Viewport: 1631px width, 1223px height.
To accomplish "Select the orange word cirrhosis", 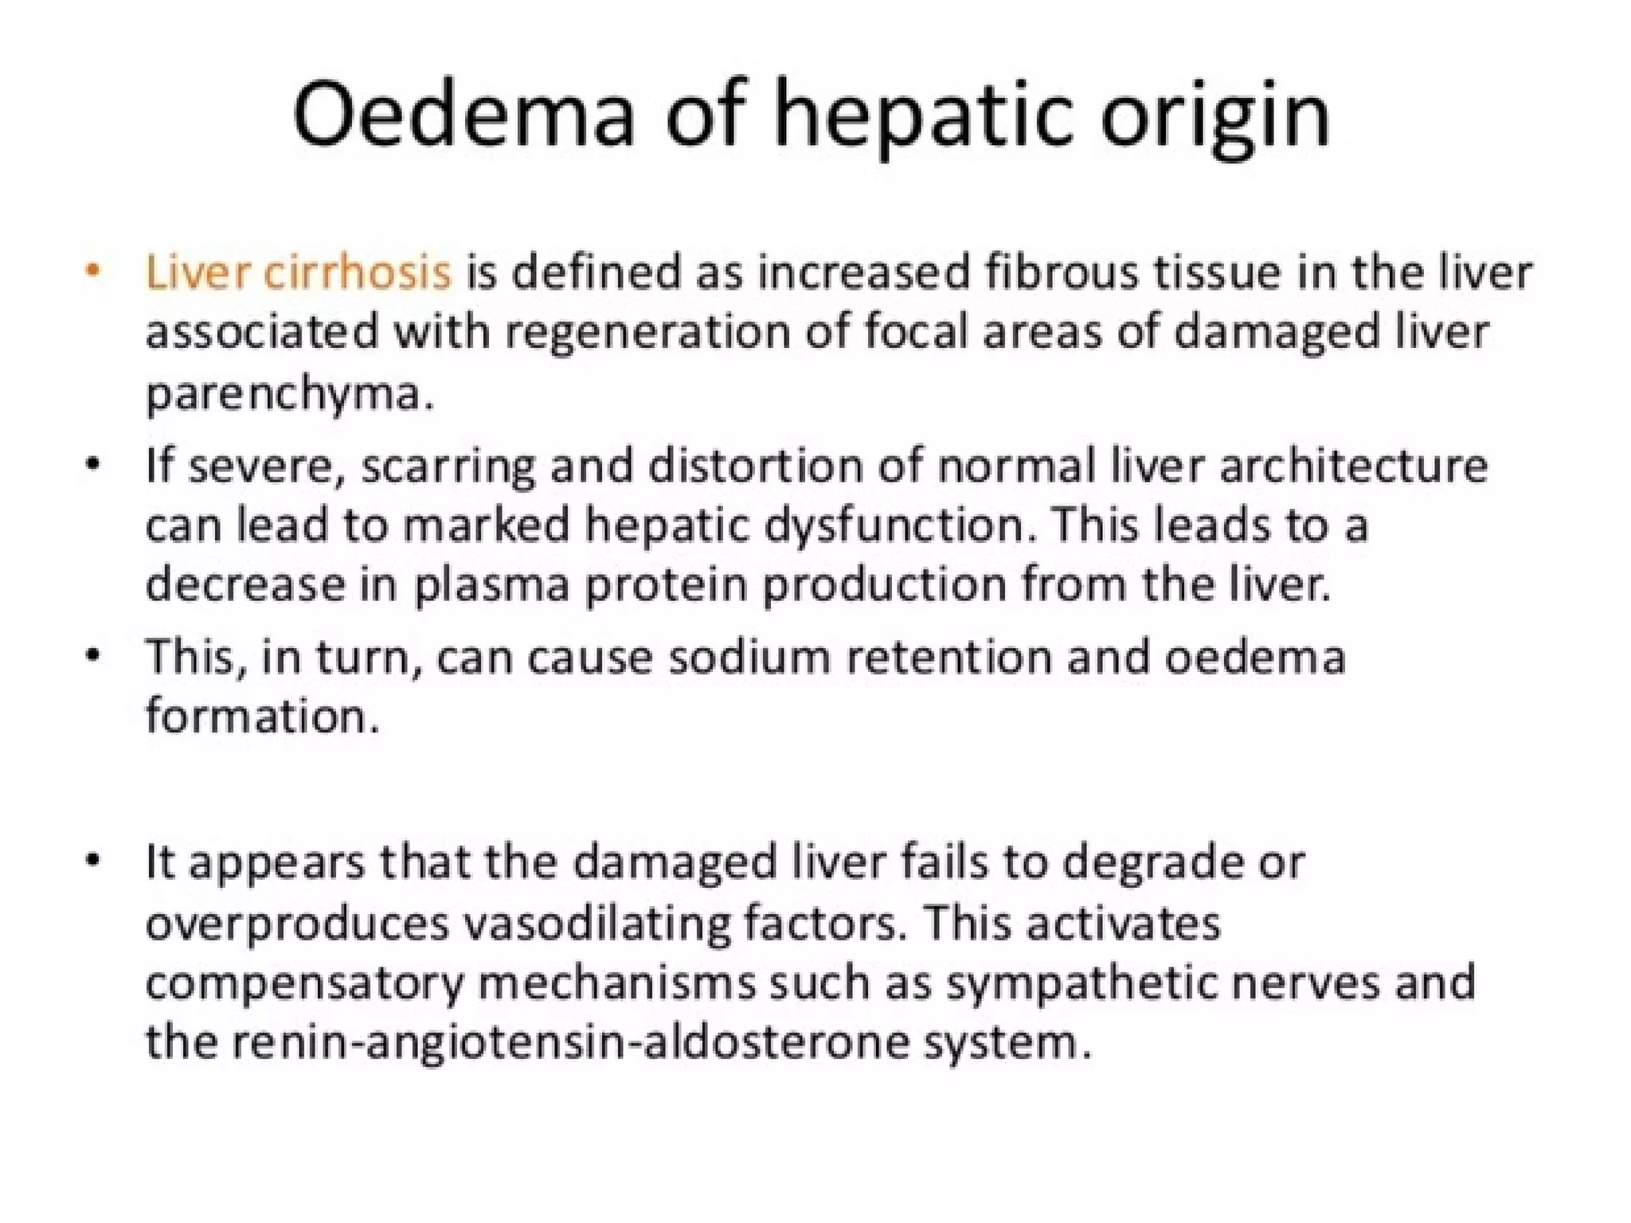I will tap(357, 272).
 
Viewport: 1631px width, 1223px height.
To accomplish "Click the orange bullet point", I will tap(94, 271).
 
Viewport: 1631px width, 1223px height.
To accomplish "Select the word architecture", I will tap(1353, 466).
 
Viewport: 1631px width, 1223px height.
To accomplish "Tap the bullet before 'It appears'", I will tap(94, 861).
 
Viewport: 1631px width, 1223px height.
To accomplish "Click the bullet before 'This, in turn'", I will tap(94, 657).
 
